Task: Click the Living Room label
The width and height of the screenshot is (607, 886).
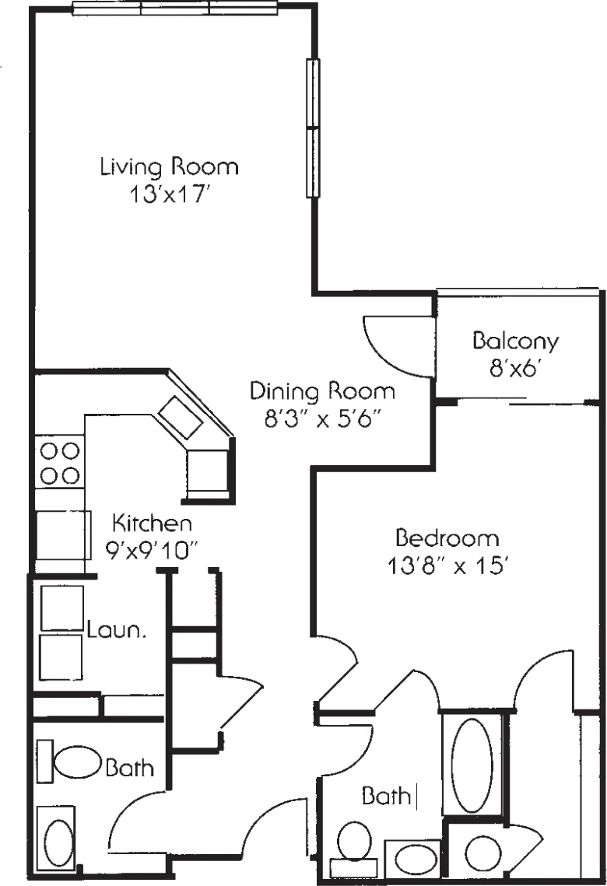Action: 169,166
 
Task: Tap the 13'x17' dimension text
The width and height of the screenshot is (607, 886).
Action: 169,194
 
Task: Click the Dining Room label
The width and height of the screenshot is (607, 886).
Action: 322,390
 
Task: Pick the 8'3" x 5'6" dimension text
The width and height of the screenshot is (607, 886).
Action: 321,418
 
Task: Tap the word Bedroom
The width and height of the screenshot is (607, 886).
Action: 447,538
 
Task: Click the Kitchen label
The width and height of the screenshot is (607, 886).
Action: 153,521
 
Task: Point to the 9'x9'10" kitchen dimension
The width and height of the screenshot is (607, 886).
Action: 153,548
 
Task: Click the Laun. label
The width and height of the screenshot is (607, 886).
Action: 118,629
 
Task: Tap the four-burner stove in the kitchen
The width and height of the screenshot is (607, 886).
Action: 58,463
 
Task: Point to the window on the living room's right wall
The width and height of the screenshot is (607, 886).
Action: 312,128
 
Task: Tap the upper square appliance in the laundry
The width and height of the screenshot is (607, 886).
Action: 61,608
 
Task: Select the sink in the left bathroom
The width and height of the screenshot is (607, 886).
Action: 58,840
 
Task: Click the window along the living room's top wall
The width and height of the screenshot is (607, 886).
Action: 175,9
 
